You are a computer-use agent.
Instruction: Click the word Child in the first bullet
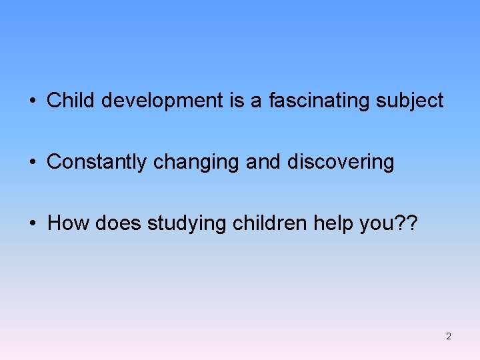[65, 101]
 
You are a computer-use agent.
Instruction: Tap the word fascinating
[320, 101]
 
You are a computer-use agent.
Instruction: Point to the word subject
[410, 101]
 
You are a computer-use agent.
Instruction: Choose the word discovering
[341, 162]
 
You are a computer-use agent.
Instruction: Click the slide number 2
[448, 336]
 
